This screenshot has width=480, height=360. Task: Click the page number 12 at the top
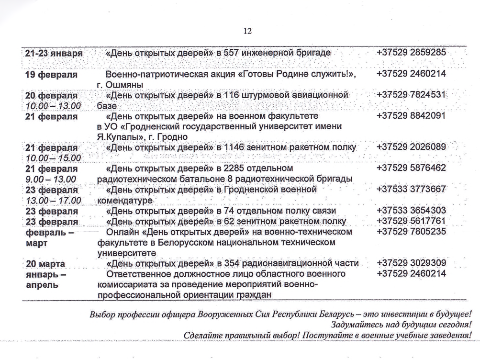(247, 31)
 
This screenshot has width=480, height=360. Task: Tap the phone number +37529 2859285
(411, 52)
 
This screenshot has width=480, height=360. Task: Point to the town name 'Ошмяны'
(122, 85)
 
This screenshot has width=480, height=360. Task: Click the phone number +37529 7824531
(411, 95)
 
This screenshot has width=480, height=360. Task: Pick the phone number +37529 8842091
(411, 116)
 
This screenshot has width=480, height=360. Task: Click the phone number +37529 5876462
(411, 169)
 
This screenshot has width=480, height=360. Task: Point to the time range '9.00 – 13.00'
(51, 179)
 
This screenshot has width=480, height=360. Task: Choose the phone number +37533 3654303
(411, 211)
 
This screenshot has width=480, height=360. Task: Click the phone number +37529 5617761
(411, 221)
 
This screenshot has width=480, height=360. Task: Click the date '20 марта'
(46, 263)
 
